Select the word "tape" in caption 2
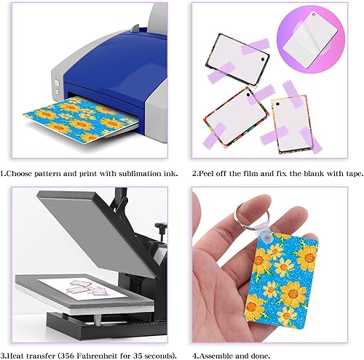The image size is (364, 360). (341, 174)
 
